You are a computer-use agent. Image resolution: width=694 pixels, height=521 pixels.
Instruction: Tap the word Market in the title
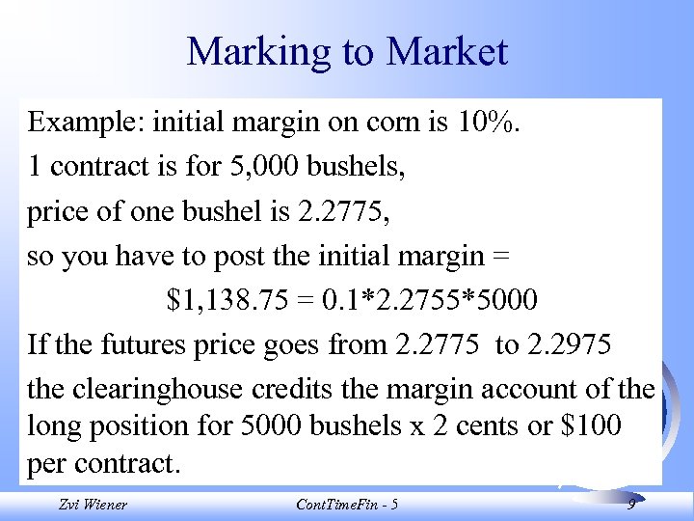click(x=447, y=52)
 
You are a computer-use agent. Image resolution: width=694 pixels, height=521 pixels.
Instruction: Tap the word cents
click(x=476, y=425)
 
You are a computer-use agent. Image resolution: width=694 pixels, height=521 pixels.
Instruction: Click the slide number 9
click(x=630, y=503)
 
